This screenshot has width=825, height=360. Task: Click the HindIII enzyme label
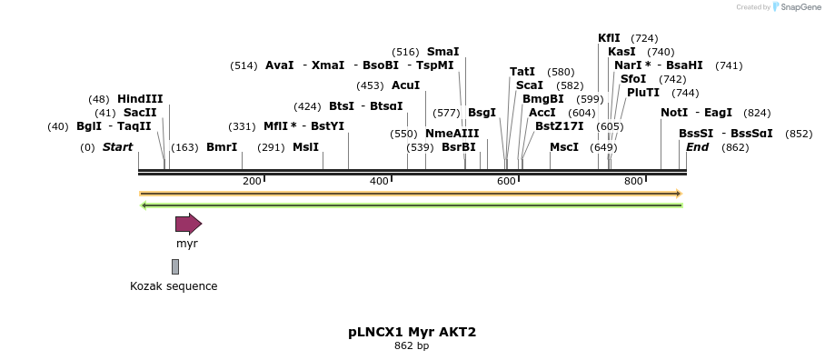click(x=140, y=99)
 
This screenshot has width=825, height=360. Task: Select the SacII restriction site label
click(x=140, y=113)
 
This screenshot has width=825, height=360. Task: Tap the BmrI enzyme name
click(x=222, y=147)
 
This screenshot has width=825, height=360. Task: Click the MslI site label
click(x=305, y=147)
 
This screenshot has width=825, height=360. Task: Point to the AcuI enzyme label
click(x=405, y=85)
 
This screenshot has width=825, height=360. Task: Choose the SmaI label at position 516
click(x=442, y=52)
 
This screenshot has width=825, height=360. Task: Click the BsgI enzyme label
click(x=482, y=113)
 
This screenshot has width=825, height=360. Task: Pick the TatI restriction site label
click(x=522, y=72)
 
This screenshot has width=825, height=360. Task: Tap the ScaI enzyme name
click(x=529, y=85)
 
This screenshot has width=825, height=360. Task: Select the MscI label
click(x=564, y=147)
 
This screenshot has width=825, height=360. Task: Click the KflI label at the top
click(x=609, y=38)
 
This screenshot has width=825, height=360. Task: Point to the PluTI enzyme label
click(x=643, y=93)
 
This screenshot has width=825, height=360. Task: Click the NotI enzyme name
click(x=674, y=113)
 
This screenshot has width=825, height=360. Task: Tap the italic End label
click(x=697, y=147)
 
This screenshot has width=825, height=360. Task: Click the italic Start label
click(x=117, y=147)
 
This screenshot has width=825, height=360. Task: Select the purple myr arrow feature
click(x=188, y=224)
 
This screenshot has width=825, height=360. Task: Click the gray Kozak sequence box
click(x=175, y=266)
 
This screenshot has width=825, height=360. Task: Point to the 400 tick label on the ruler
click(x=379, y=182)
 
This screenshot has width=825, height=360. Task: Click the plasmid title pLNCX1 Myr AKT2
click(x=412, y=332)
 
